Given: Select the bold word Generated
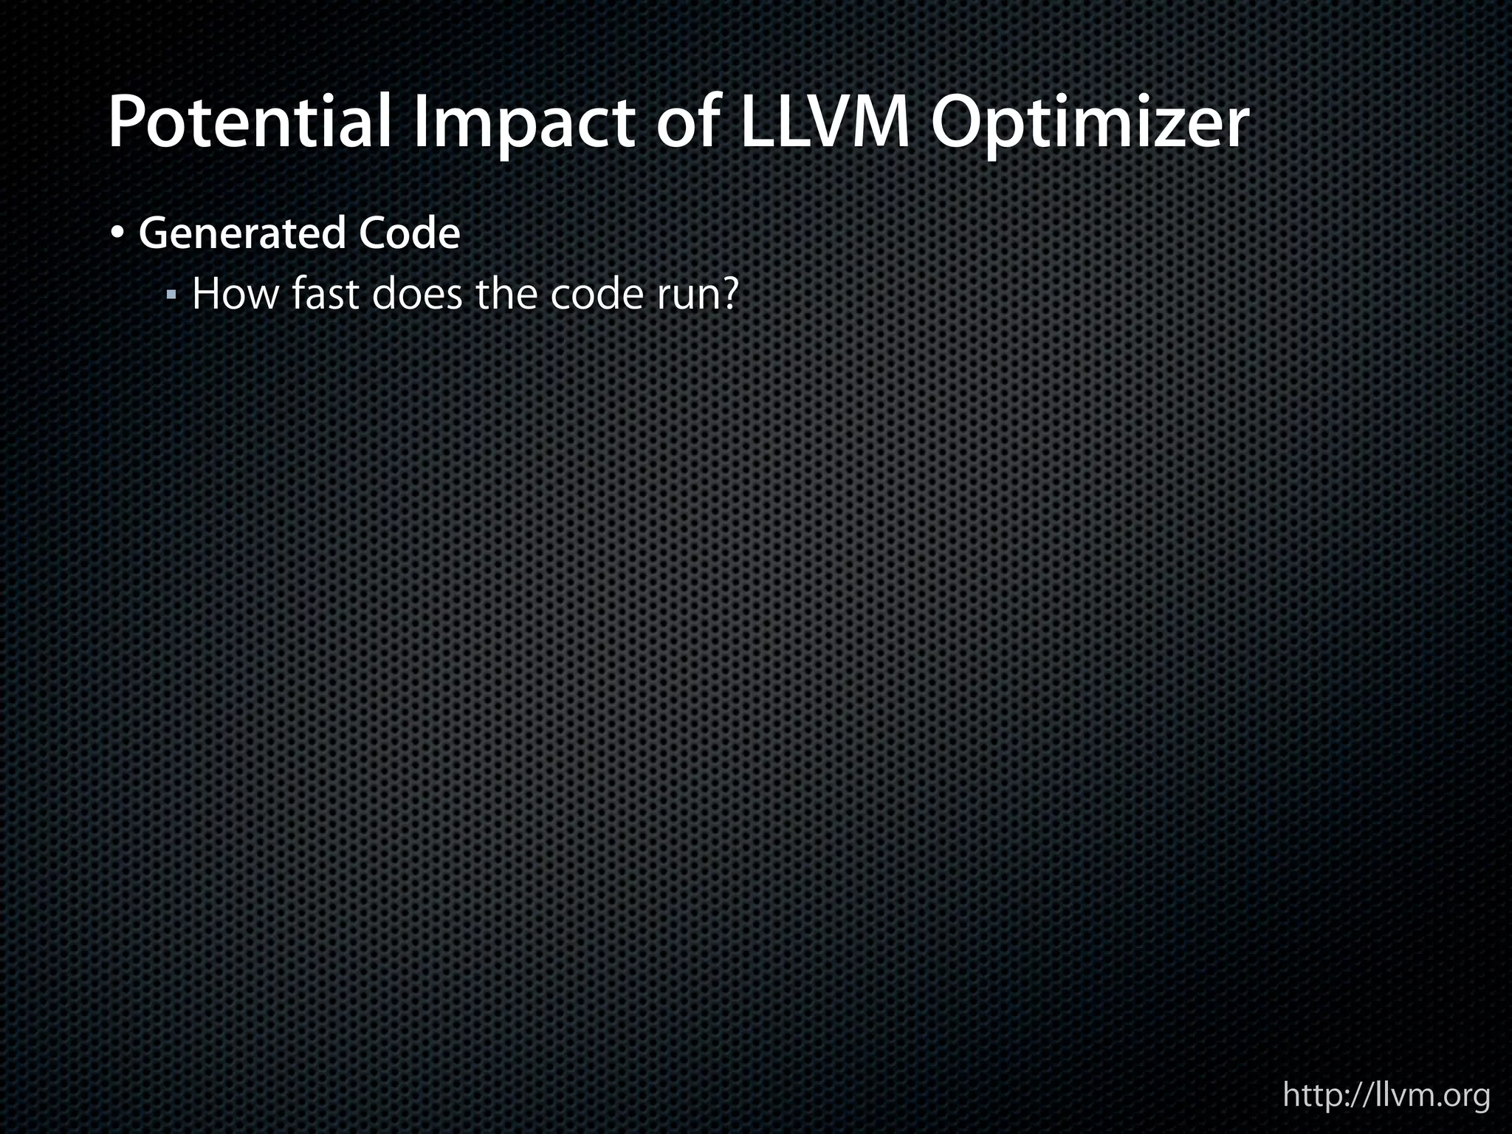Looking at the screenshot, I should coord(242,234).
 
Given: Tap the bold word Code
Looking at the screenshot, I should coord(409,233).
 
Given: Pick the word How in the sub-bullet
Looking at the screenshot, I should coord(236,294).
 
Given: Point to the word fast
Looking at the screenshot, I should coord(325,294).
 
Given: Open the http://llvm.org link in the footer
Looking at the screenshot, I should coord(1386,1096).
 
